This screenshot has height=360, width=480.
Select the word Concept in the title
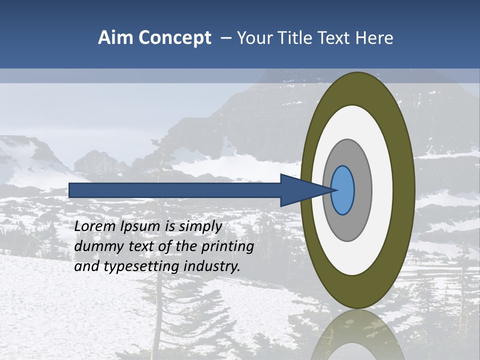click(x=174, y=38)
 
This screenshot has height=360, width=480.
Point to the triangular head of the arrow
click(x=300, y=190)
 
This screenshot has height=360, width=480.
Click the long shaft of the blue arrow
click(x=175, y=190)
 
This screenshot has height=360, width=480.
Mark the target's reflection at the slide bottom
click(x=357, y=335)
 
